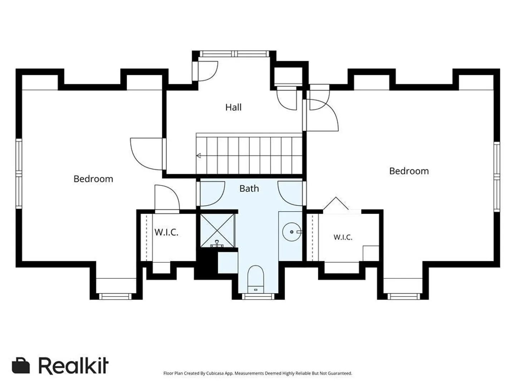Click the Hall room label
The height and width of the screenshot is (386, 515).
233,107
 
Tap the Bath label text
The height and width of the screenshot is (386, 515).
249,188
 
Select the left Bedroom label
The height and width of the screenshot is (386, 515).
93,179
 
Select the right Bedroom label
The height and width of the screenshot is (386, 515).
409,171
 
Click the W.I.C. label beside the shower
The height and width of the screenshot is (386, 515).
166,232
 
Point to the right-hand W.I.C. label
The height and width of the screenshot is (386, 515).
343,237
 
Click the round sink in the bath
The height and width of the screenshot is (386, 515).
291,232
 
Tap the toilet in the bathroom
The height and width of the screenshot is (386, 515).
256,279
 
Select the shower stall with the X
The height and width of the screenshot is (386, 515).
217,231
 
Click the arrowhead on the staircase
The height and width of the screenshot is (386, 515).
199,155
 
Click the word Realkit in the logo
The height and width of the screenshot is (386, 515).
73,366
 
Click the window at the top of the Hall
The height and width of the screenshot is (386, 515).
234,54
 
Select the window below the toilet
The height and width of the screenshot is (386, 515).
258,297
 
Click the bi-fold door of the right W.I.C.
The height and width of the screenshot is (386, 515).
336,203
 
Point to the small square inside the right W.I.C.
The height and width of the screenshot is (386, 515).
371,253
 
